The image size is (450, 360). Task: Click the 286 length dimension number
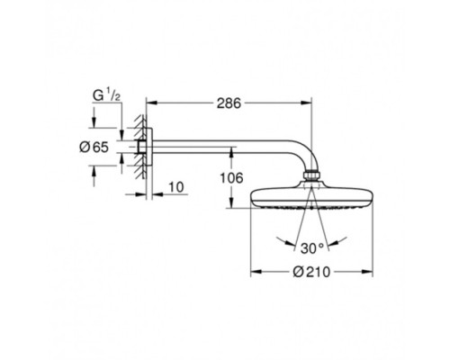coord(229,103)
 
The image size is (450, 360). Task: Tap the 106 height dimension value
coord(231,178)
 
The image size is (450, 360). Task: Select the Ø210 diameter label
coord(311,272)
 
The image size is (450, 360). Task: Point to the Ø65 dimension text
coord(94,147)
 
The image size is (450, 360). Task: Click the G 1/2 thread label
coord(106,95)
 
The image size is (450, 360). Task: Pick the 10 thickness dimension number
coord(176,187)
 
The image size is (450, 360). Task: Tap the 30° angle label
coord(312,248)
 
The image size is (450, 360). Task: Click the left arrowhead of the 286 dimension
coord(151,103)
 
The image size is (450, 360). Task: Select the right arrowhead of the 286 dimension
coord(306,103)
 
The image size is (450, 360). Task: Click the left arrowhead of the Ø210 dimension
coord(256,272)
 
